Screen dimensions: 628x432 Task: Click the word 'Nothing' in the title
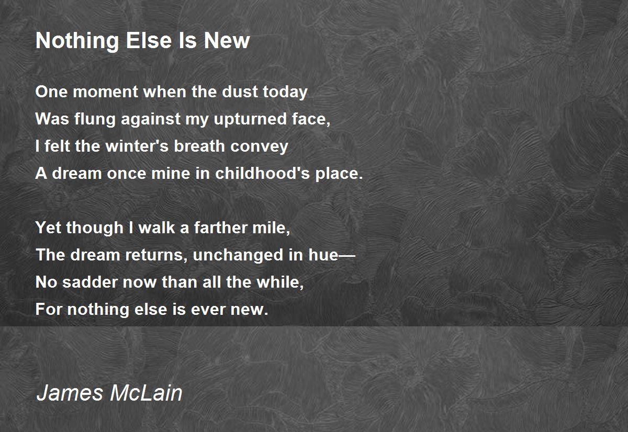[77, 41]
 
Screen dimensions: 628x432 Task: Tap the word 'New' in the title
[227, 41]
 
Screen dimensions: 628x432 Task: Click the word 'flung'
[95, 119]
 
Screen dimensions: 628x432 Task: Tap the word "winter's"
[137, 146]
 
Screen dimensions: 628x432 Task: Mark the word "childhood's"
[262, 173]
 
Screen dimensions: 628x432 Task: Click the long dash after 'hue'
[347, 255]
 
